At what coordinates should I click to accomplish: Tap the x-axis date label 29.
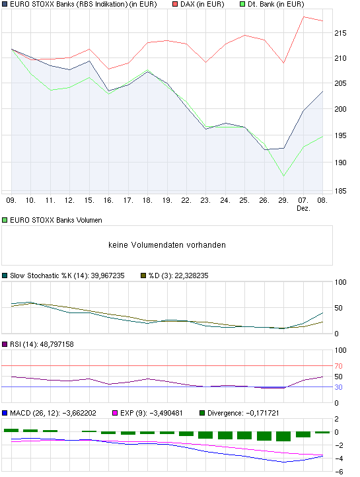click(x=283, y=199)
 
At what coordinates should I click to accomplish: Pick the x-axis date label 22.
click(x=186, y=199)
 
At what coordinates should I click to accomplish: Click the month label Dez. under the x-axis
click(x=303, y=208)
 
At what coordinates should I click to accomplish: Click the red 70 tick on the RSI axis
click(x=339, y=365)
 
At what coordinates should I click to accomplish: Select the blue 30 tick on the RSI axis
click(x=339, y=387)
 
